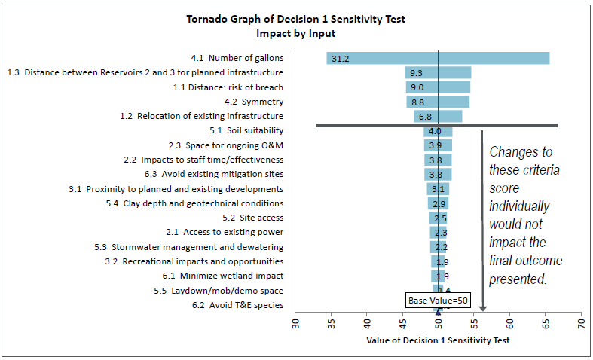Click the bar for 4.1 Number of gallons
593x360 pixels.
point(438,58)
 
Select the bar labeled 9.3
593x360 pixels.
point(438,72)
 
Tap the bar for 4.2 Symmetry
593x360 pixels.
point(438,102)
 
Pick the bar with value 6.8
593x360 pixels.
point(438,116)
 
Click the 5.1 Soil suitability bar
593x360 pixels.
point(438,131)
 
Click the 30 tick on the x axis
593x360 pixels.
point(296,324)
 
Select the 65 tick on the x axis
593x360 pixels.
point(546,324)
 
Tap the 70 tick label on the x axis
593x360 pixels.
point(581,324)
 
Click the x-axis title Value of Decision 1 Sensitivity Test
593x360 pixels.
point(438,340)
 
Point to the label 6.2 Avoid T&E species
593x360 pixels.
point(237,305)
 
